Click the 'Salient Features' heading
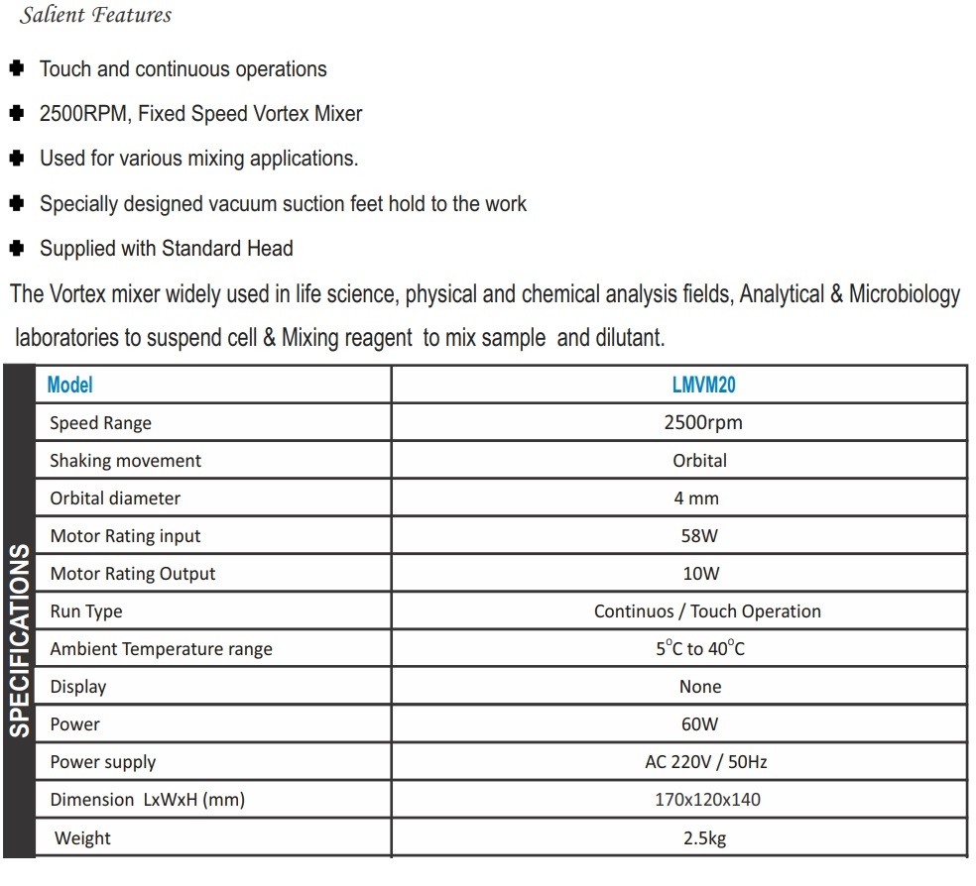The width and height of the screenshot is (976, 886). [x=95, y=15]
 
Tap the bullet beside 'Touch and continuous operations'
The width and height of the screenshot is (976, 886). [x=16, y=69]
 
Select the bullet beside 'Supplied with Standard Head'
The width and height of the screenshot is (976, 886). [x=16, y=248]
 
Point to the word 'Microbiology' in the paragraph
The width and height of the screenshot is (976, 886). [x=905, y=294]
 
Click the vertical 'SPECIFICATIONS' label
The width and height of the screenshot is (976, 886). [x=21, y=640]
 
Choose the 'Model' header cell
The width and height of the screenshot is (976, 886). [x=69, y=385]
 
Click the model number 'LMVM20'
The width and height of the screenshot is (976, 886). [x=703, y=385]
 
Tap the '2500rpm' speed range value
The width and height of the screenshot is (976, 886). [x=702, y=423]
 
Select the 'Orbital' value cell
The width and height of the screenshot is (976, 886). [x=699, y=461]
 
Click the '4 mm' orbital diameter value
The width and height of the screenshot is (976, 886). [x=696, y=498]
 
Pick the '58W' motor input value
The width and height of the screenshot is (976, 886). [x=699, y=536]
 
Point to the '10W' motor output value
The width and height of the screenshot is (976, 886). [x=700, y=574]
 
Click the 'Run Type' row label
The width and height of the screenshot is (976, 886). [x=85, y=611]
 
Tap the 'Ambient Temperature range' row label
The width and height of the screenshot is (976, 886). [x=161, y=649]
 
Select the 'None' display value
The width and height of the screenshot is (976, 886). [x=700, y=687]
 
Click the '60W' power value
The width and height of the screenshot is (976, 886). [x=699, y=724]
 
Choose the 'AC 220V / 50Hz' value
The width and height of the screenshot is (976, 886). [x=705, y=762]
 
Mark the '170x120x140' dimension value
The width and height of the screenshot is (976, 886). [x=707, y=800]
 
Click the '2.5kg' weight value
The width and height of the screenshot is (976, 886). [x=704, y=838]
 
